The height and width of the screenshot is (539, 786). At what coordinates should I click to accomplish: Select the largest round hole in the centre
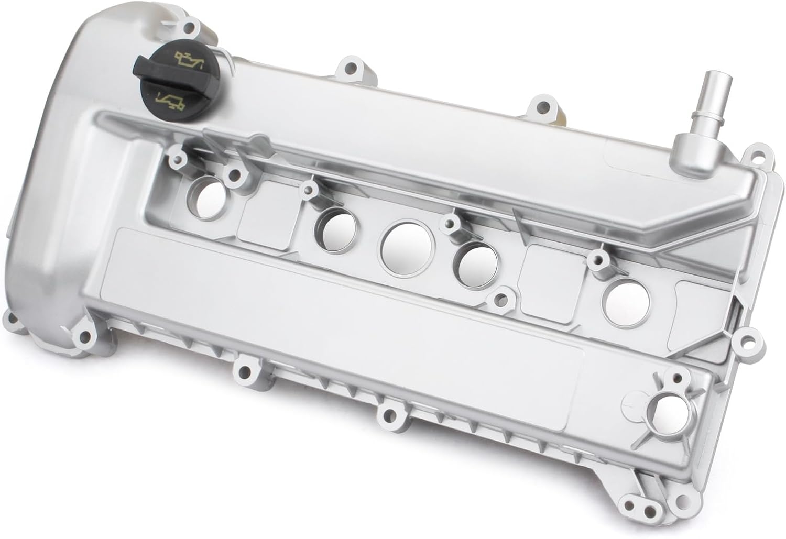(405, 246)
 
